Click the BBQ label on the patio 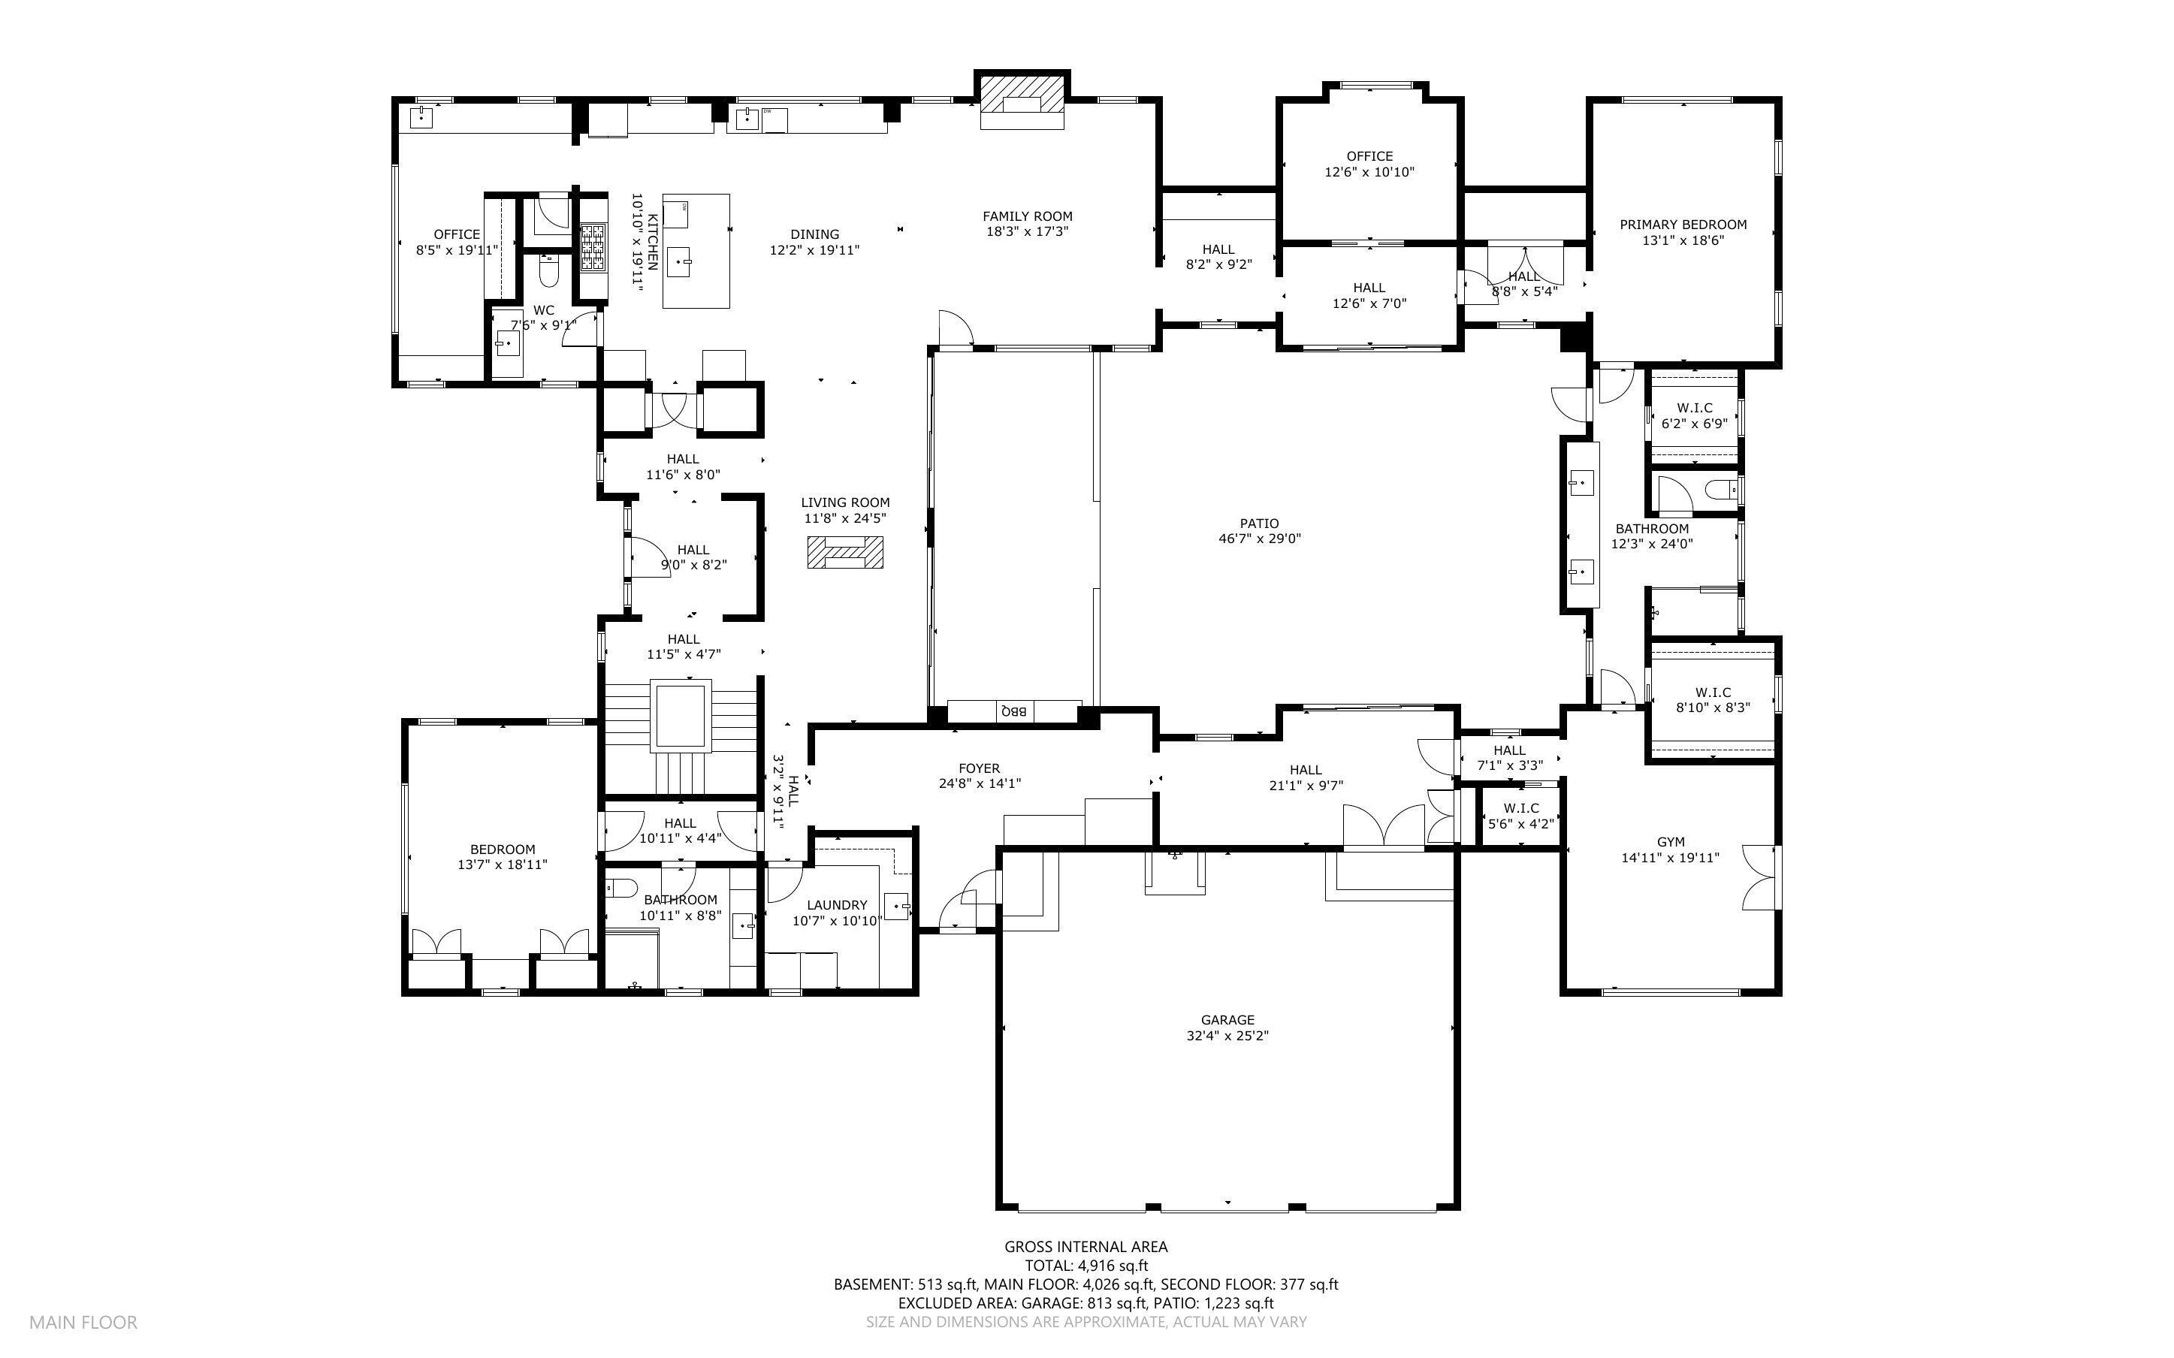tap(1015, 711)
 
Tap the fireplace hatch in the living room tap(844, 552)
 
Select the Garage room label tap(1227, 1019)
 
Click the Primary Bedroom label tap(1683, 225)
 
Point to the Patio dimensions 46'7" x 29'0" tap(1259, 539)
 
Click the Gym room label tap(1670, 841)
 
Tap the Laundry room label tap(837, 904)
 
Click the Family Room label tap(1028, 216)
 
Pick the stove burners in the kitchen tap(593, 246)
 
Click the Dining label tap(814, 234)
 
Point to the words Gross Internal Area tap(1085, 1247)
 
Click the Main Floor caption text tap(83, 1322)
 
